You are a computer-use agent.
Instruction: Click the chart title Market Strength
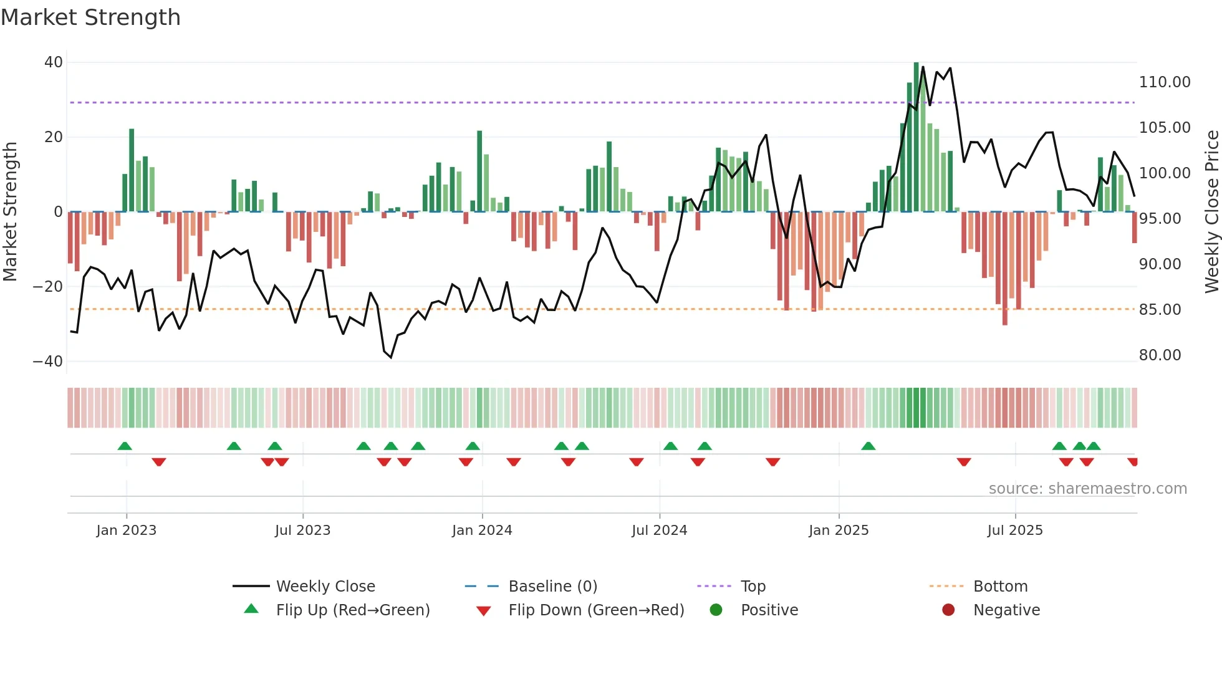pos(90,17)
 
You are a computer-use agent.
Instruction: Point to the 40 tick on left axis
pos(54,62)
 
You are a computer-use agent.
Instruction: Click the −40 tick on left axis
pos(48,362)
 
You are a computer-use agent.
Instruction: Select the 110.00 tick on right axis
pos(1165,82)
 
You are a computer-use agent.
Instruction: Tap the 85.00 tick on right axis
pos(1160,310)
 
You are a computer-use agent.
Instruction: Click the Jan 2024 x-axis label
pos(482,531)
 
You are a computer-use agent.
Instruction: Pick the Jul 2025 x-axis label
pos(1015,531)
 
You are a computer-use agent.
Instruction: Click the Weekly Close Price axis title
pos(1211,212)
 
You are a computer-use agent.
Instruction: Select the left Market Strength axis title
pos(11,212)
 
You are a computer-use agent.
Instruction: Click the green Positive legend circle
pos(716,610)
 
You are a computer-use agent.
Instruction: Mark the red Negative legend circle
pos(948,610)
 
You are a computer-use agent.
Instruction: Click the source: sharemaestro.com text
pos(1088,489)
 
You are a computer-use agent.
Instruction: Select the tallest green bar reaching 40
pos(916,137)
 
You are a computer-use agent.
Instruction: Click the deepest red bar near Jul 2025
pos(1004,268)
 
